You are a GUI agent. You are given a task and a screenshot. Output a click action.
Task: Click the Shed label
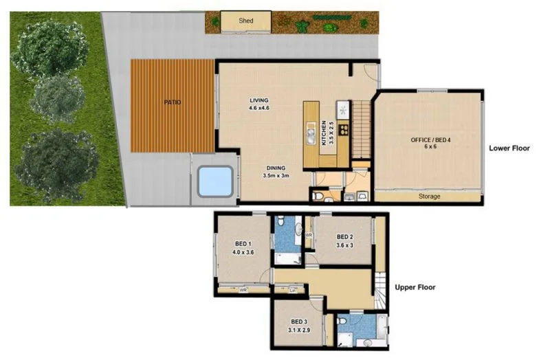(x=245, y=21)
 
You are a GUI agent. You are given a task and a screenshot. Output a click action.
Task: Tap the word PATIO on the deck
(x=173, y=102)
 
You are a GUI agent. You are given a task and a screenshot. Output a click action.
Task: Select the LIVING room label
(x=258, y=100)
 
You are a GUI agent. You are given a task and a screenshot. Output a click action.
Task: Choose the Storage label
(x=429, y=196)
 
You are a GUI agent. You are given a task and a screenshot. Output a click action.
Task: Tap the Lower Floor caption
(x=509, y=148)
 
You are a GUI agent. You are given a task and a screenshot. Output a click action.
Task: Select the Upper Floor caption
(x=415, y=287)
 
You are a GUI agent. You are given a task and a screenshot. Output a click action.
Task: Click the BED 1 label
(x=243, y=244)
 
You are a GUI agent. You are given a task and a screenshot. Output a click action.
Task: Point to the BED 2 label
(x=344, y=238)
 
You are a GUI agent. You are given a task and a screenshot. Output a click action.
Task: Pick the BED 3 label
(x=298, y=322)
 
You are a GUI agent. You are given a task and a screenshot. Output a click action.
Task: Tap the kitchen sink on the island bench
(x=311, y=128)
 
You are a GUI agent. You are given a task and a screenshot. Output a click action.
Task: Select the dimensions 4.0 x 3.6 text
(x=243, y=252)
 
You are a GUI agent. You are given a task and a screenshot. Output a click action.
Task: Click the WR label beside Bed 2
(x=309, y=235)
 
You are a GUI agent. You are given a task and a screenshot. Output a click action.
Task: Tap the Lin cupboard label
(x=292, y=290)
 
